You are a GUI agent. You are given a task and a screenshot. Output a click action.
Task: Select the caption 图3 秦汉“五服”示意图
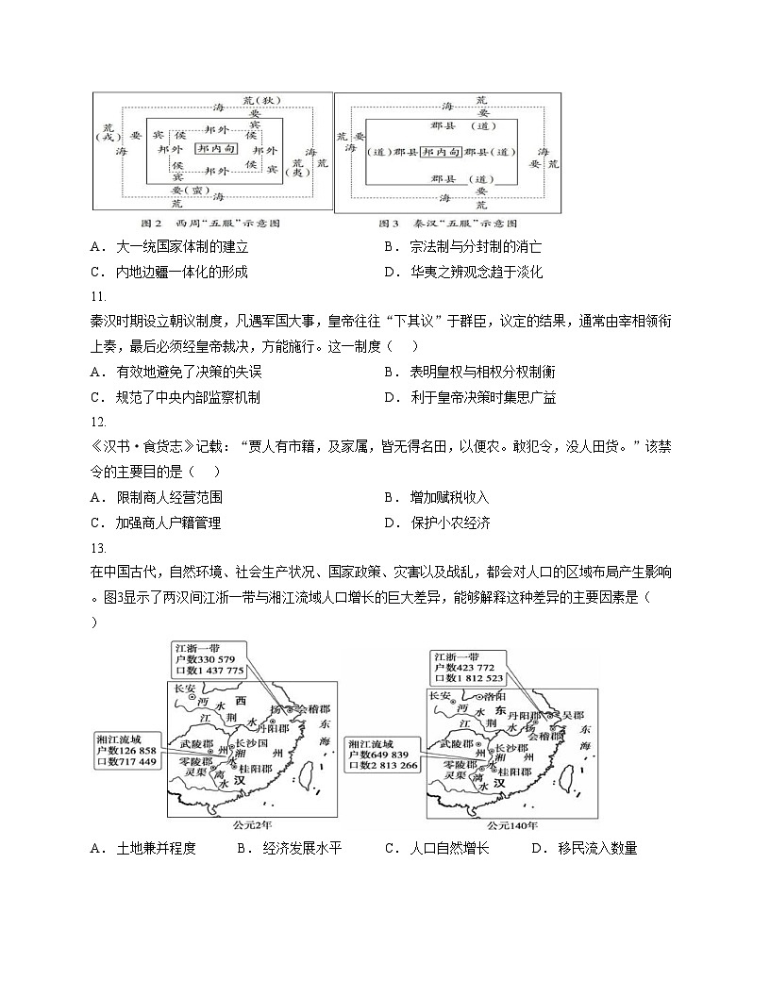click(447, 224)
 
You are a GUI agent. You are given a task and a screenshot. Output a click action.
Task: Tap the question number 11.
click(98, 296)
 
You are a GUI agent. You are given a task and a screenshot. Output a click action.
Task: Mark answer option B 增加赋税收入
click(449, 497)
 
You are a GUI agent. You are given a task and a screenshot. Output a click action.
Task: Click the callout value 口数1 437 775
click(209, 671)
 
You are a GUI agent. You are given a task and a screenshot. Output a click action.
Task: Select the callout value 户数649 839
click(383, 755)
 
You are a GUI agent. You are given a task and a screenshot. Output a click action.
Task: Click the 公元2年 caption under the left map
click(253, 823)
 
